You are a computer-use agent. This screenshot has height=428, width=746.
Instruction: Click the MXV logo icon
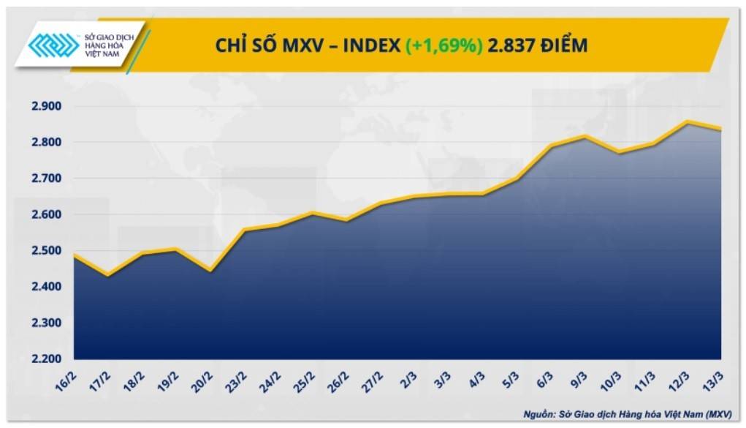53,45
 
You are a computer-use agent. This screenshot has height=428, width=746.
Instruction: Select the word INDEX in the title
365,45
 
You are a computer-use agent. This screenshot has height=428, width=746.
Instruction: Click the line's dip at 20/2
210,271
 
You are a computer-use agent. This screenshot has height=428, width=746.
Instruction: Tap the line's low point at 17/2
107,275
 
